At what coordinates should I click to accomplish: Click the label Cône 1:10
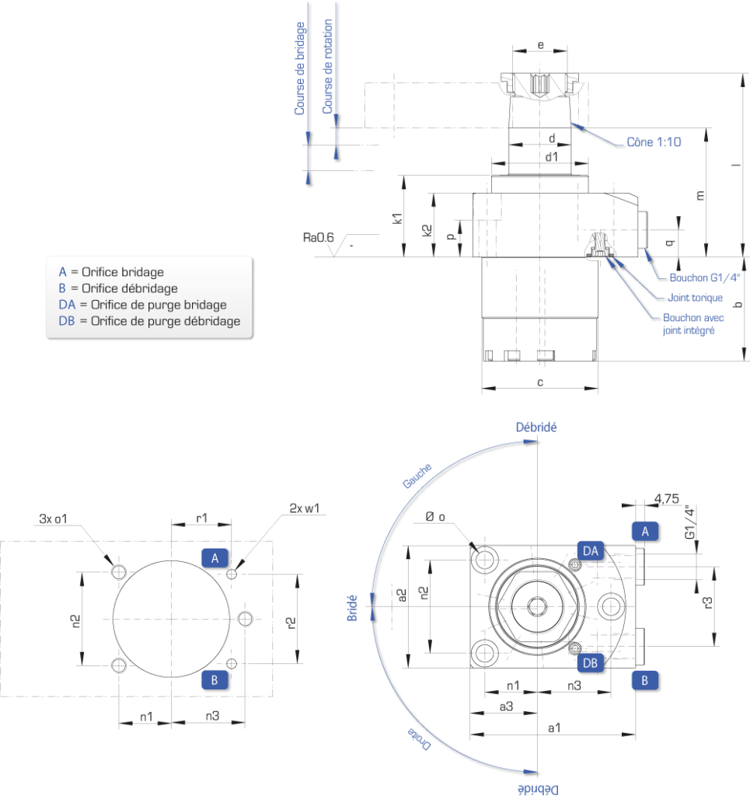654,142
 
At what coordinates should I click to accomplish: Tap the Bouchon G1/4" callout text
705,278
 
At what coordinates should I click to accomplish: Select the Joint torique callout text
695,298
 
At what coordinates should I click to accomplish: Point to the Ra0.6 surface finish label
318,238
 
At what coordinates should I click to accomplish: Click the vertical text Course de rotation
328,67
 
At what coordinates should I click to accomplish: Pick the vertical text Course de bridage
300,68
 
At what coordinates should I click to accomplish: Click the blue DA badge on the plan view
590,551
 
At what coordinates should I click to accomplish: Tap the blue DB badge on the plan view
590,663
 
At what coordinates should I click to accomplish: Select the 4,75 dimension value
666,498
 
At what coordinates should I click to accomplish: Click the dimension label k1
397,218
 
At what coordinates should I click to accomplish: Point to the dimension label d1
552,157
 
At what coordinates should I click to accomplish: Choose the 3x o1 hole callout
53,518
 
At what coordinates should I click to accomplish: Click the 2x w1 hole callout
305,508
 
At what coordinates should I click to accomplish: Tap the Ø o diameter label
435,517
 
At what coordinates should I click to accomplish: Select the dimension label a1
554,728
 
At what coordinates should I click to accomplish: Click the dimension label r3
707,603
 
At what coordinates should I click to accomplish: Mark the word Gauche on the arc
417,476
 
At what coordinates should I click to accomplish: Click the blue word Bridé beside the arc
352,608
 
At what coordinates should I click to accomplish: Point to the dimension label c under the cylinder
540,382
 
